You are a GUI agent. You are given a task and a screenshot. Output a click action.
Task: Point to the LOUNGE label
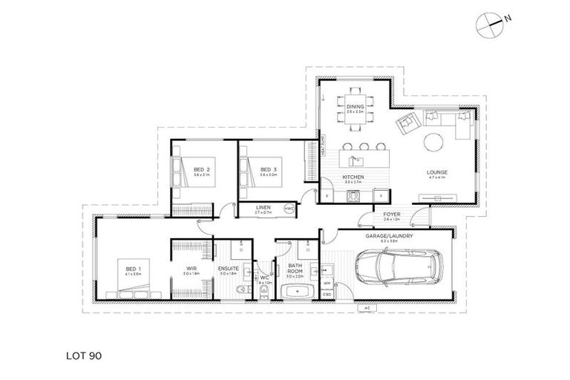point(437,174)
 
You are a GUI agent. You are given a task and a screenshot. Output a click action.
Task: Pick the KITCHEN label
point(352,177)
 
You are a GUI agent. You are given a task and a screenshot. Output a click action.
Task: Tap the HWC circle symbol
point(290,209)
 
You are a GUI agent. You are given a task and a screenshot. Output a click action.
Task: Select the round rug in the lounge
point(436,145)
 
